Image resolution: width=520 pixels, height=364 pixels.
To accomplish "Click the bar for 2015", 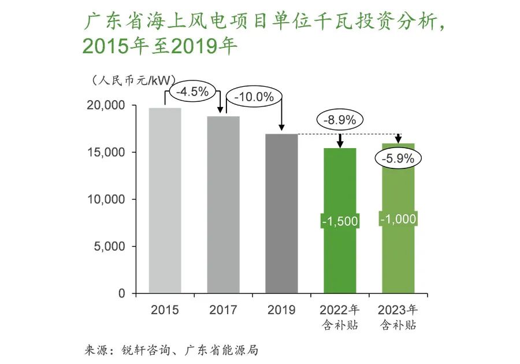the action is (x=165, y=200).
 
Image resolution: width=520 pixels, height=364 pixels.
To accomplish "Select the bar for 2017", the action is (x=223, y=205).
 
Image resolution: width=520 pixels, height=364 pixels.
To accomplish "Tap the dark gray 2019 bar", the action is (x=281, y=214).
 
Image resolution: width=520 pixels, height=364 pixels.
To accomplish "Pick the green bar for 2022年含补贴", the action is (x=340, y=220).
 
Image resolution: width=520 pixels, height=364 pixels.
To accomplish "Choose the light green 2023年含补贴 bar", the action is (x=398, y=218).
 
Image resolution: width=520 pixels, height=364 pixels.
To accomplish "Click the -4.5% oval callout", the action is (x=192, y=91).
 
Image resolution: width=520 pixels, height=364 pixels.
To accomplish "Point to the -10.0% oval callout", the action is (x=254, y=97).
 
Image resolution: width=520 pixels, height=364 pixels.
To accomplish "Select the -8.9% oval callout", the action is (x=340, y=120).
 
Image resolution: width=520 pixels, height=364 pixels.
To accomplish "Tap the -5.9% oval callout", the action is (x=398, y=159).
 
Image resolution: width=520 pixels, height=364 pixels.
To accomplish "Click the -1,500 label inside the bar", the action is (x=340, y=221).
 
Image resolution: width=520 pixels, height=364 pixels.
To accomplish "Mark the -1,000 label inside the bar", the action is (x=398, y=219).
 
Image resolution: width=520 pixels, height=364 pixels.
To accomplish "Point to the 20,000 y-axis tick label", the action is (x=106, y=105).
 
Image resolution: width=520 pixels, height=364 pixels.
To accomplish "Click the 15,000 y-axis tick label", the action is (x=106, y=152).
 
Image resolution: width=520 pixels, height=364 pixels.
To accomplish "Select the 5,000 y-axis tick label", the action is (x=109, y=247).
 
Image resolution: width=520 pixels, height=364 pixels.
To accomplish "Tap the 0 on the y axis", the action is (x=122, y=293).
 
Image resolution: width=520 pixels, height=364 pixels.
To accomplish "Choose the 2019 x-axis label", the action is (x=281, y=310).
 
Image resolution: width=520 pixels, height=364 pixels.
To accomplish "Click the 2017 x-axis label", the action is (x=223, y=310).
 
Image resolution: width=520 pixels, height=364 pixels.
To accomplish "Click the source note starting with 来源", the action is (x=171, y=350).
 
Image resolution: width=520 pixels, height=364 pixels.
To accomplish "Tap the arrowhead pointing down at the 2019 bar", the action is (x=281, y=127).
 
